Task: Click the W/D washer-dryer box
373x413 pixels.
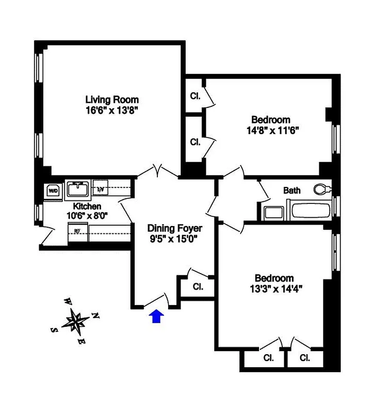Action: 53,190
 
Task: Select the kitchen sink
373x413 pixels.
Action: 78,189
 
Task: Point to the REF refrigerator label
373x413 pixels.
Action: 77,231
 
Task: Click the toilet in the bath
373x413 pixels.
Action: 323,189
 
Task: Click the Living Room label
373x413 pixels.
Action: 112,100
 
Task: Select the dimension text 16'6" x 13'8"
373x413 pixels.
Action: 112,110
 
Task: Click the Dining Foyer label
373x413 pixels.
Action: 175,228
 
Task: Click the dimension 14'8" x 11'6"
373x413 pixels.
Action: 273,130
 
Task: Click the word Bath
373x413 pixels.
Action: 292,190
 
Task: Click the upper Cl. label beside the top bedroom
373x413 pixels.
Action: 195,96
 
